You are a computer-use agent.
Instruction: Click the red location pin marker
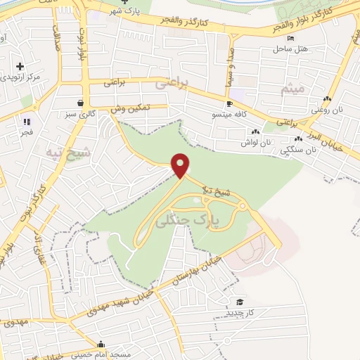tap(181, 165)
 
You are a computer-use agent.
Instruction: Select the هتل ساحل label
tap(288, 49)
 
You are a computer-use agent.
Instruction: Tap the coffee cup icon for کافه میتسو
tap(229, 103)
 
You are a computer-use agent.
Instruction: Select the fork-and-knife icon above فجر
tap(27, 122)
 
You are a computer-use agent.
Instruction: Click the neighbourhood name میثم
tap(292, 89)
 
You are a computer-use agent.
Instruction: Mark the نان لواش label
tap(256, 143)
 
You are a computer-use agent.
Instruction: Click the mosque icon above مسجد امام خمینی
tap(103, 345)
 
